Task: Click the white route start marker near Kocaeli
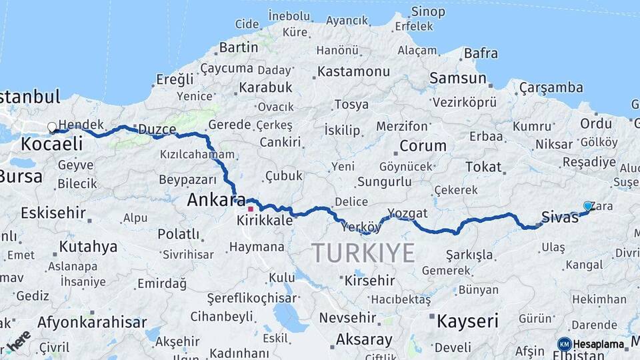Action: pyautogui.click(x=52, y=127)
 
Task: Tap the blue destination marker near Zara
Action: pyautogui.click(x=587, y=206)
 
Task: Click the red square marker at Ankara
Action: pyautogui.click(x=251, y=209)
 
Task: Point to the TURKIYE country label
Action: pyautogui.click(x=363, y=253)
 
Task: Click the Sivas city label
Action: pyautogui.click(x=559, y=217)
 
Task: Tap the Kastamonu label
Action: pyautogui.click(x=353, y=71)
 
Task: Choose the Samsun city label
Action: pyautogui.click(x=458, y=78)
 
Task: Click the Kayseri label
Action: pyautogui.click(x=467, y=321)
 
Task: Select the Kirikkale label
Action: pyautogui.click(x=265, y=220)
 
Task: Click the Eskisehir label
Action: pyautogui.click(x=53, y=213)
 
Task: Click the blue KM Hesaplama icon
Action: pyautogui.click(x=565, y=345)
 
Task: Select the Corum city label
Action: pyautogui.click(x=423, y=145)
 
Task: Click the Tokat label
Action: pyautogui.click(x=483, y=167)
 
